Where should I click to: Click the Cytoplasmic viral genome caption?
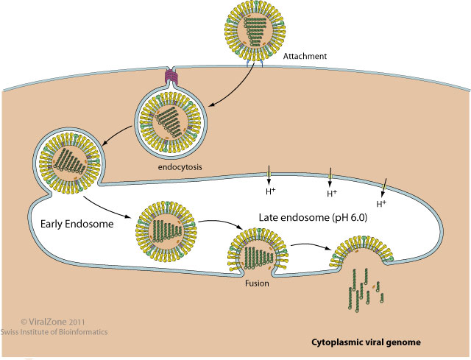point(366,342)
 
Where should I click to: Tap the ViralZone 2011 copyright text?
point(54,321)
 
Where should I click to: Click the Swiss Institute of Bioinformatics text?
point(63,332)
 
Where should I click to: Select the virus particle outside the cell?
point(253,31)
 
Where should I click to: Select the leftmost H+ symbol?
point(271,191)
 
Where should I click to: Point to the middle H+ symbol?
point(332,194)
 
